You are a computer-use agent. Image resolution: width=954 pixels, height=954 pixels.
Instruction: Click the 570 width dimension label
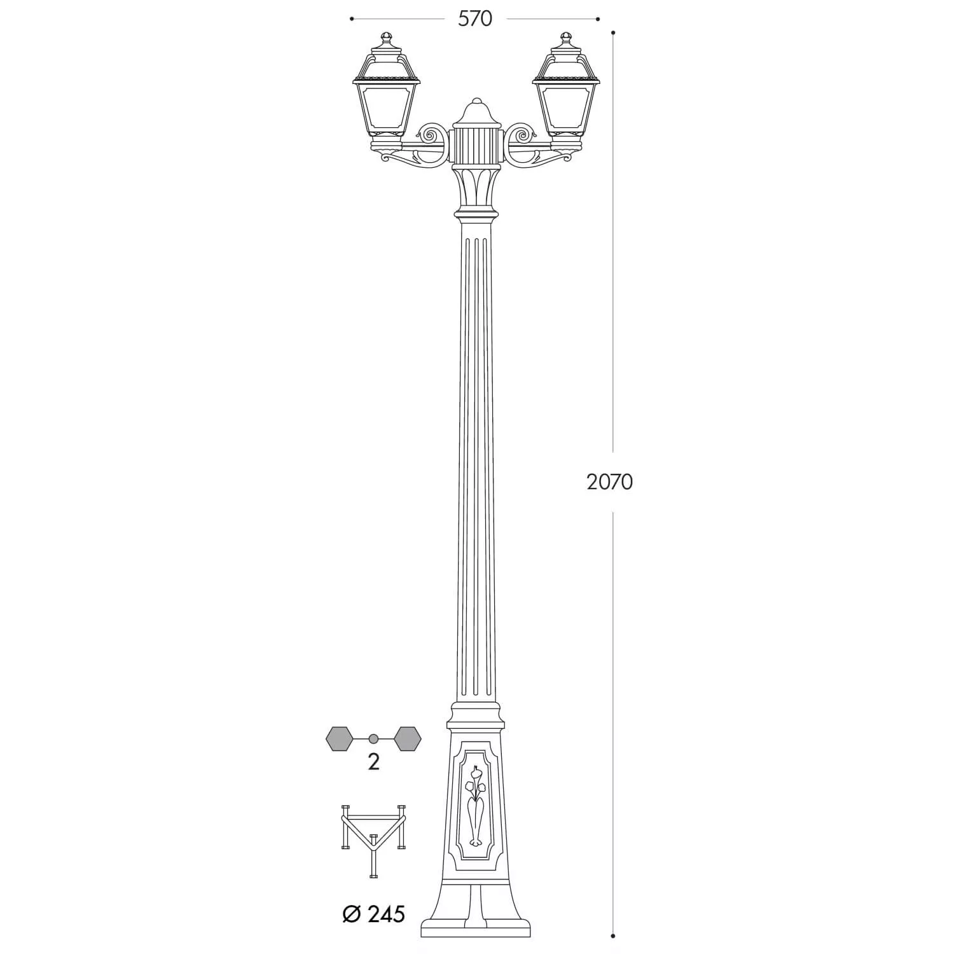tap(475, 19)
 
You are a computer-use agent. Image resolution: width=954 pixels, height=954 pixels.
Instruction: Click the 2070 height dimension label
tap(609, 482)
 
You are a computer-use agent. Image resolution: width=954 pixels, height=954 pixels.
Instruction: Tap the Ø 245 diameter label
tap(373, 914)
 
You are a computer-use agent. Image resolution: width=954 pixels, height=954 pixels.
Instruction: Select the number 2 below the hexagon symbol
tap(373, 762)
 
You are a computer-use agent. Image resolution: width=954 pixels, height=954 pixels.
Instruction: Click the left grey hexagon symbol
tap(339, 738)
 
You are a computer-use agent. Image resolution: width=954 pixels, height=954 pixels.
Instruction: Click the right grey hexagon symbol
tap(408, 738)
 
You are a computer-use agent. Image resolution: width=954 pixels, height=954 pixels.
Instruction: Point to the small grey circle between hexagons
tap(374, 738)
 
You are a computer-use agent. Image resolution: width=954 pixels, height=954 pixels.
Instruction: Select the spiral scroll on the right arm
tap(522, 135)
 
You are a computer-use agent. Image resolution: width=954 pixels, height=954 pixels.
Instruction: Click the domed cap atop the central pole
tap(476, 113)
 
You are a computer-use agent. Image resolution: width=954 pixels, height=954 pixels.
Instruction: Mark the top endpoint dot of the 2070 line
tap(613, 32)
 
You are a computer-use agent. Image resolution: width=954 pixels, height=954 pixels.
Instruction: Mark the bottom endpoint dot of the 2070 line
tap(613, 936)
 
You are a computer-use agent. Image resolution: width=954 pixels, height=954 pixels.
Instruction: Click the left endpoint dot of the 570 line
tap(352, 19)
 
